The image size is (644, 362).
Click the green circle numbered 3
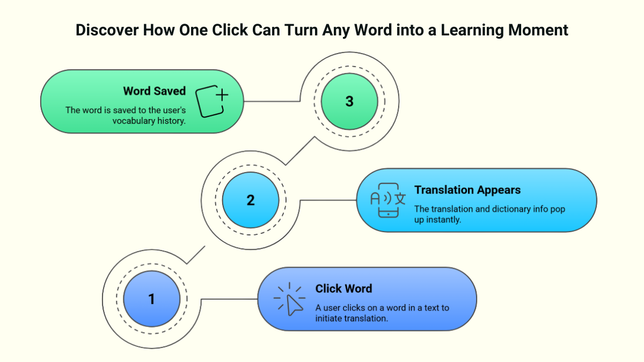(349, 101)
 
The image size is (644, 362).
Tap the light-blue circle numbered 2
(251, 200)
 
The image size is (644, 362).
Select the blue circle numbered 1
(151, 299)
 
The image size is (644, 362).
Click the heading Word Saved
(154, 91)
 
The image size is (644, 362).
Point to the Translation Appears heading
(467, 190)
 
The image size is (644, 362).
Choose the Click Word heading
(343, 289)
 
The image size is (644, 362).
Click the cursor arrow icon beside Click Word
(290, 300)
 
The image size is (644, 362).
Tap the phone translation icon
(388, 200)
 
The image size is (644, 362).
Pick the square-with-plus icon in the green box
(211, 101)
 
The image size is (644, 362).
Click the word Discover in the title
(106, 30)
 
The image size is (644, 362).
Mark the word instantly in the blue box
(444, 219)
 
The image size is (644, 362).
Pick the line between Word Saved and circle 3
(272, 101)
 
